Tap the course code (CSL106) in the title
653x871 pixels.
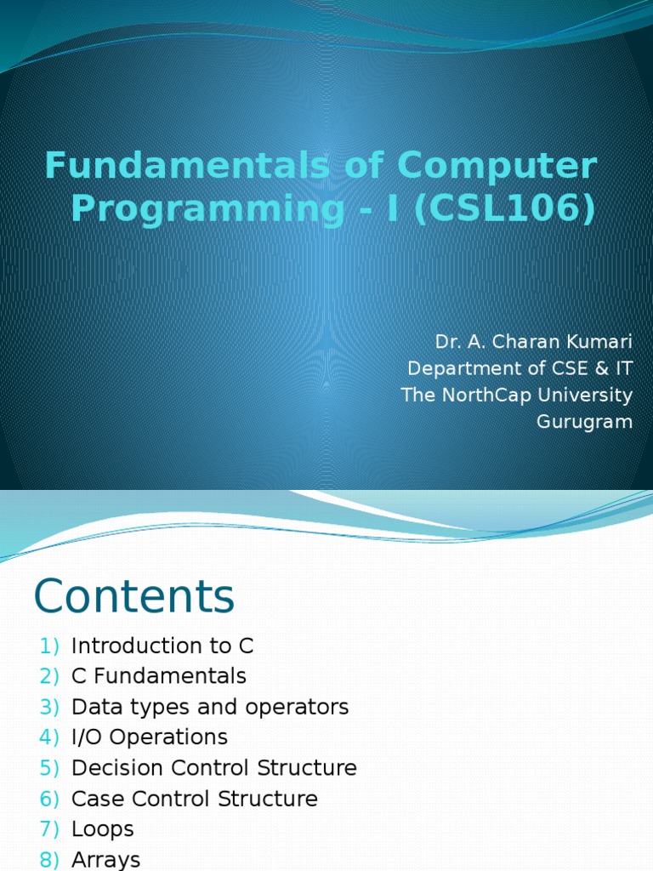point(505,208)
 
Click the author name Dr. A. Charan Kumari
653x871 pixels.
point(534,341)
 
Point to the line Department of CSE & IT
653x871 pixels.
point(520,368)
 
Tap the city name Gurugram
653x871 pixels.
point(585,422)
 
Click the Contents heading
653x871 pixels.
point(134,596)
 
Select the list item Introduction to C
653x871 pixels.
point(162,646)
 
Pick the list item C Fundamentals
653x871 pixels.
point(159,676)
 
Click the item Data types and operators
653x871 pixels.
point(210,707)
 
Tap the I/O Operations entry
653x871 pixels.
point(150,737)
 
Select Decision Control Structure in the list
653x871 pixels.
point(214,768)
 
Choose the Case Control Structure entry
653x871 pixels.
point(195,799)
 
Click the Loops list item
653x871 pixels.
point(103,829)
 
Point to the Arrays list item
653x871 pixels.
point(106,859)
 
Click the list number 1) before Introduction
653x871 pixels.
point(49,646)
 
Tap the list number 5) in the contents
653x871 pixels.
point(49,768)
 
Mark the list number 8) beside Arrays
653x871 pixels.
point(49,859)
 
